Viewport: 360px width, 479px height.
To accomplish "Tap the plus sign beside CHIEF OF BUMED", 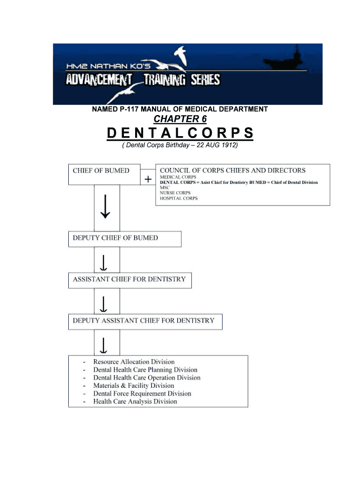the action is (148, 179).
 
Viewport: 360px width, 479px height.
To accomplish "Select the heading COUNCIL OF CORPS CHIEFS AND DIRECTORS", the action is (233, 170).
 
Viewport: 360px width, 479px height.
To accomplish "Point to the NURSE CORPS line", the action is (175, 193).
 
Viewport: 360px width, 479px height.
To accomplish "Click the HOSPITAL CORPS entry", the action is (179, 198).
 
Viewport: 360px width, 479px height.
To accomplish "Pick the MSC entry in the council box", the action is (165, 188).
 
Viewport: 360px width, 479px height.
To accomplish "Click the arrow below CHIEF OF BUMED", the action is (105, 206).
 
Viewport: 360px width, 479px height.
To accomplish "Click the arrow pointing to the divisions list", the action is (104, 346).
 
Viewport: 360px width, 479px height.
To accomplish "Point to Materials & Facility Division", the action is (133, 386).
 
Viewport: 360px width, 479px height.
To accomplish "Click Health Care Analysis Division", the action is (135, 402).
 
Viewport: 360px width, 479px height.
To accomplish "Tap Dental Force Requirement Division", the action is (142, 394).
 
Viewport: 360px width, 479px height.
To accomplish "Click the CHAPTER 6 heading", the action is (180, 119).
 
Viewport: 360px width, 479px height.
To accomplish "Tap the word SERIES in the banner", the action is (205, 80).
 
